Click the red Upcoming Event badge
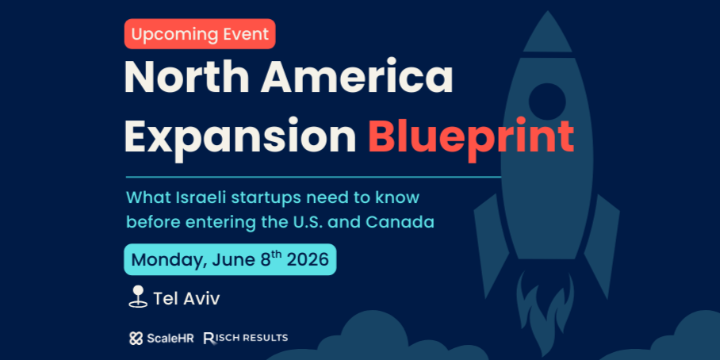click(200, 34)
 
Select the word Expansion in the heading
click(240, 136)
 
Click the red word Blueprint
click(471, 136)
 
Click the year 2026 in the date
click(308, 260)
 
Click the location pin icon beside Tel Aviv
click(138, 297)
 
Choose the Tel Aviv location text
click(186, 299)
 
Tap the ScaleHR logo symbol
click(136, 339)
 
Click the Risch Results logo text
click(246, 338)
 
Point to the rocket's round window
click(547, 101)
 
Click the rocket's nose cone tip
click(547, 11)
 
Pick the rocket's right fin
click(602, 243)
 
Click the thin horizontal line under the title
click(314, 176)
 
